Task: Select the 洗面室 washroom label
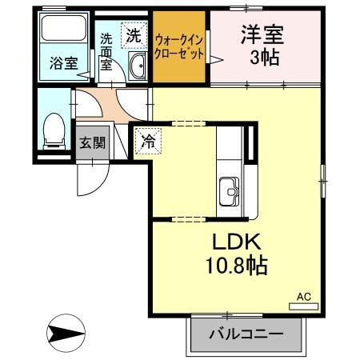pos(106,53)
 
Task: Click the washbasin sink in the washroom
pos(137,67)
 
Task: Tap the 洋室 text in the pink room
pos(260,35)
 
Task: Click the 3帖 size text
pos(260,58)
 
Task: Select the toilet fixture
pos(54,129)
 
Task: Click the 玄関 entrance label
pos(92,143)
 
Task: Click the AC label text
pos(303,296)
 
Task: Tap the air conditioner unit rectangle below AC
pos(303,306)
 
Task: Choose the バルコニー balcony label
pos(248,334)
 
